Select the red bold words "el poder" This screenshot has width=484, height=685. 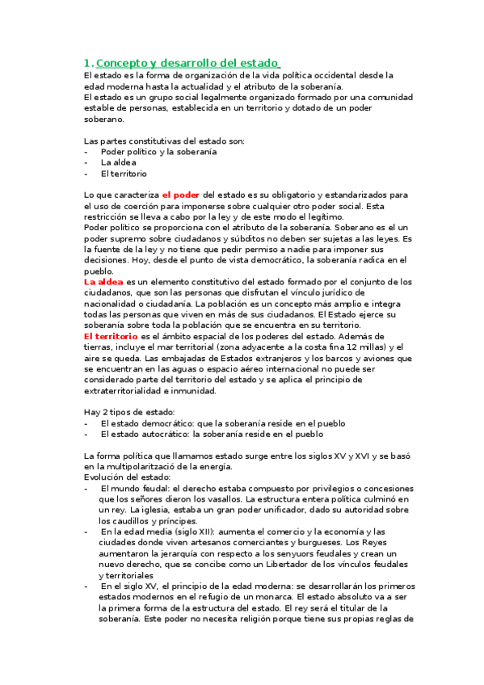click(x=181, y=195)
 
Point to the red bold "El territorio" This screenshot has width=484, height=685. click(x=112, y=335)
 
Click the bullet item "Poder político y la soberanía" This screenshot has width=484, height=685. click(x=158, y=151)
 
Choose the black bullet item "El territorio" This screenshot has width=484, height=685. click(x=124, y=173)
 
